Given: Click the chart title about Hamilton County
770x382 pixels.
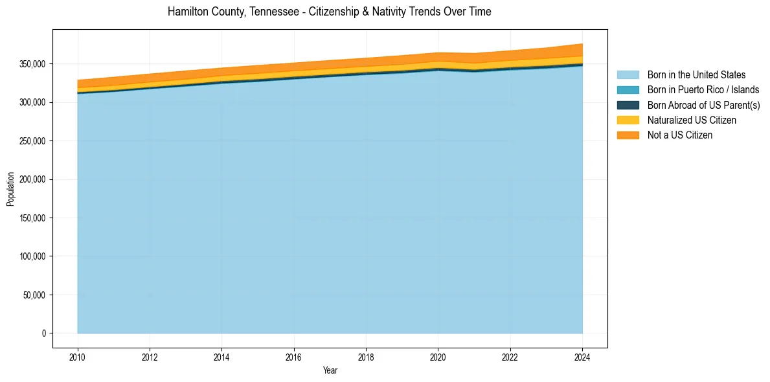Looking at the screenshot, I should point(329,12).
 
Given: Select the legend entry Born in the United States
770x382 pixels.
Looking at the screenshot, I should point(696,75).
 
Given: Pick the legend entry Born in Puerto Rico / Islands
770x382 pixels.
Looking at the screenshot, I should point(703,90).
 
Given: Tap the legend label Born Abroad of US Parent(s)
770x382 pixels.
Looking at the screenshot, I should point(703,105).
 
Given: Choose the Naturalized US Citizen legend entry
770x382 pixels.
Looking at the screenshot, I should point(692,120).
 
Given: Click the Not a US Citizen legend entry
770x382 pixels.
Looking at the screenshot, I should point(679,135).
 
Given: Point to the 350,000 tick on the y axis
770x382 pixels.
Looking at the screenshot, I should point(33,64).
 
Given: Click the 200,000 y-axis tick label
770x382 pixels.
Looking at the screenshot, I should point(33,179).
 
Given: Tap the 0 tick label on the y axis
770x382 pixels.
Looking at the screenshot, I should point(45,333).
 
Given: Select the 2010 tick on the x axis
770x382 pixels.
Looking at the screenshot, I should point(78,356).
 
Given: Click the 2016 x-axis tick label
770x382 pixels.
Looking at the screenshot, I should point(294,356).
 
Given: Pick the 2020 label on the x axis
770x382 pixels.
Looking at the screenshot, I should point(438,356).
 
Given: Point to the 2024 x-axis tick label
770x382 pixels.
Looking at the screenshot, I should point(582,356).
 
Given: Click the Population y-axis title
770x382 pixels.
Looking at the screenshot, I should point(10,189).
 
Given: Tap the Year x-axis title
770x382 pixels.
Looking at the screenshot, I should point(330,370).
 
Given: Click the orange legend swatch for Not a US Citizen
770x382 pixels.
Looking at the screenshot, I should point(628,135).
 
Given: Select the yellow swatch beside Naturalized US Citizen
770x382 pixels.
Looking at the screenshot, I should point(628,120).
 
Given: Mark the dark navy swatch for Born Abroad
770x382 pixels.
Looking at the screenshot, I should point(628,105).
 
